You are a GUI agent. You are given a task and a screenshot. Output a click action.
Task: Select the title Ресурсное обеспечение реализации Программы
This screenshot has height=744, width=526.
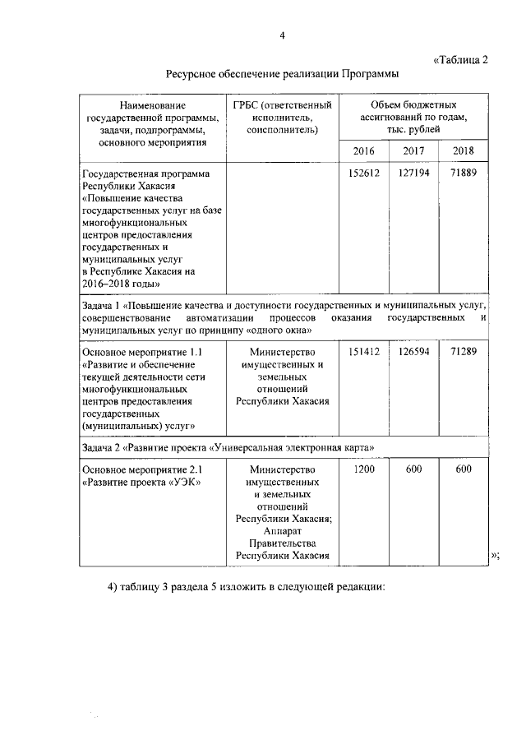point(282,74)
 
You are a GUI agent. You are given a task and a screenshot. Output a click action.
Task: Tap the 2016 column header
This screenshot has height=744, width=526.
point(363,150)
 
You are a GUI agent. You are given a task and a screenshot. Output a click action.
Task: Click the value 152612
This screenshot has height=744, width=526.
point(363,174)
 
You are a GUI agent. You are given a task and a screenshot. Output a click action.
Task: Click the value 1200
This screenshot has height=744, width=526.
point(363,469)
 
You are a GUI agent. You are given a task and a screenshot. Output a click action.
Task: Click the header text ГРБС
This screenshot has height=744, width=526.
point(247,106)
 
